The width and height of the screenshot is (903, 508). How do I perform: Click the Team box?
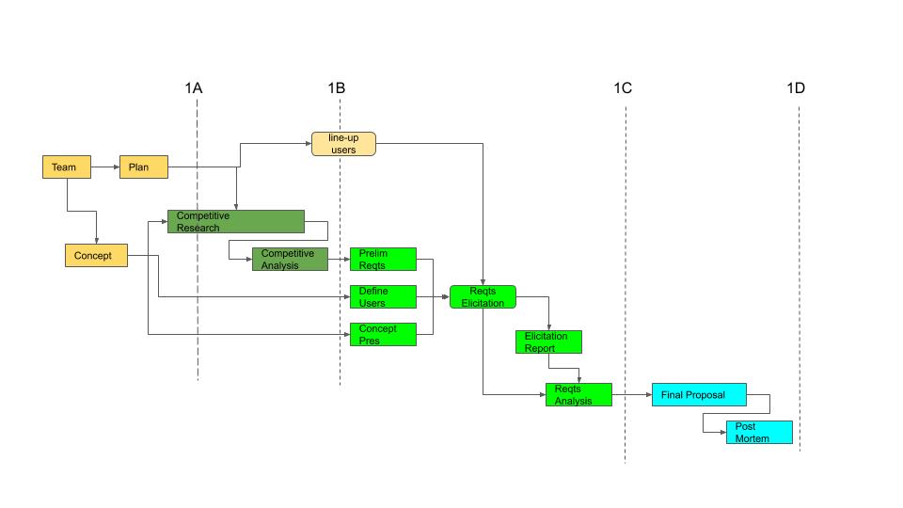click(66, 167)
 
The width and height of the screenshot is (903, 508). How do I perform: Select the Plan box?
click(143, 167)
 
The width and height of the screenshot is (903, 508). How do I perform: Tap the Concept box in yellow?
click(95, 255)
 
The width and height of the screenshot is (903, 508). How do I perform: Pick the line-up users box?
click(343, 144)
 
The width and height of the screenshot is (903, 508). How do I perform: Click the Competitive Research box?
click(235, 222)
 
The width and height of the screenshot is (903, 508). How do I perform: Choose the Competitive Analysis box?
click(290, 260)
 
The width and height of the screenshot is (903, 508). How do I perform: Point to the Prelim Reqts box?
click(382, 260)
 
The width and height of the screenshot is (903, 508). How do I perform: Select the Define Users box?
click(382, 297)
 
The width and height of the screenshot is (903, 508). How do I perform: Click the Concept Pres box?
click(382, 334)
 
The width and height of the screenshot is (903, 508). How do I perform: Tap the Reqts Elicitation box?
click(483, 297)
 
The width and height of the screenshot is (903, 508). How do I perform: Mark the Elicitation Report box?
click(548, 342)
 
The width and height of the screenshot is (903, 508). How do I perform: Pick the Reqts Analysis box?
click(578, 395)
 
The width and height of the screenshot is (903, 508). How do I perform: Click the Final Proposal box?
click(700, 395)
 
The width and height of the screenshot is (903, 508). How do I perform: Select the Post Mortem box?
click(758, 433)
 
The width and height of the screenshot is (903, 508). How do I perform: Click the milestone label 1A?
click(194, 88)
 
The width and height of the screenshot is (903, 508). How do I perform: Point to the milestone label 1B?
click(336, 88)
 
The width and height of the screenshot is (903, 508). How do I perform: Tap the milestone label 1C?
click(623, 88)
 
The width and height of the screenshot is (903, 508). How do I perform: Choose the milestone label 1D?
click(796, 88)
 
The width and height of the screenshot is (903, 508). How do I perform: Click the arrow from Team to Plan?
click(104, 167)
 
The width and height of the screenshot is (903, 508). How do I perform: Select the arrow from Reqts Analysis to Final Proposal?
click(632, 395)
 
